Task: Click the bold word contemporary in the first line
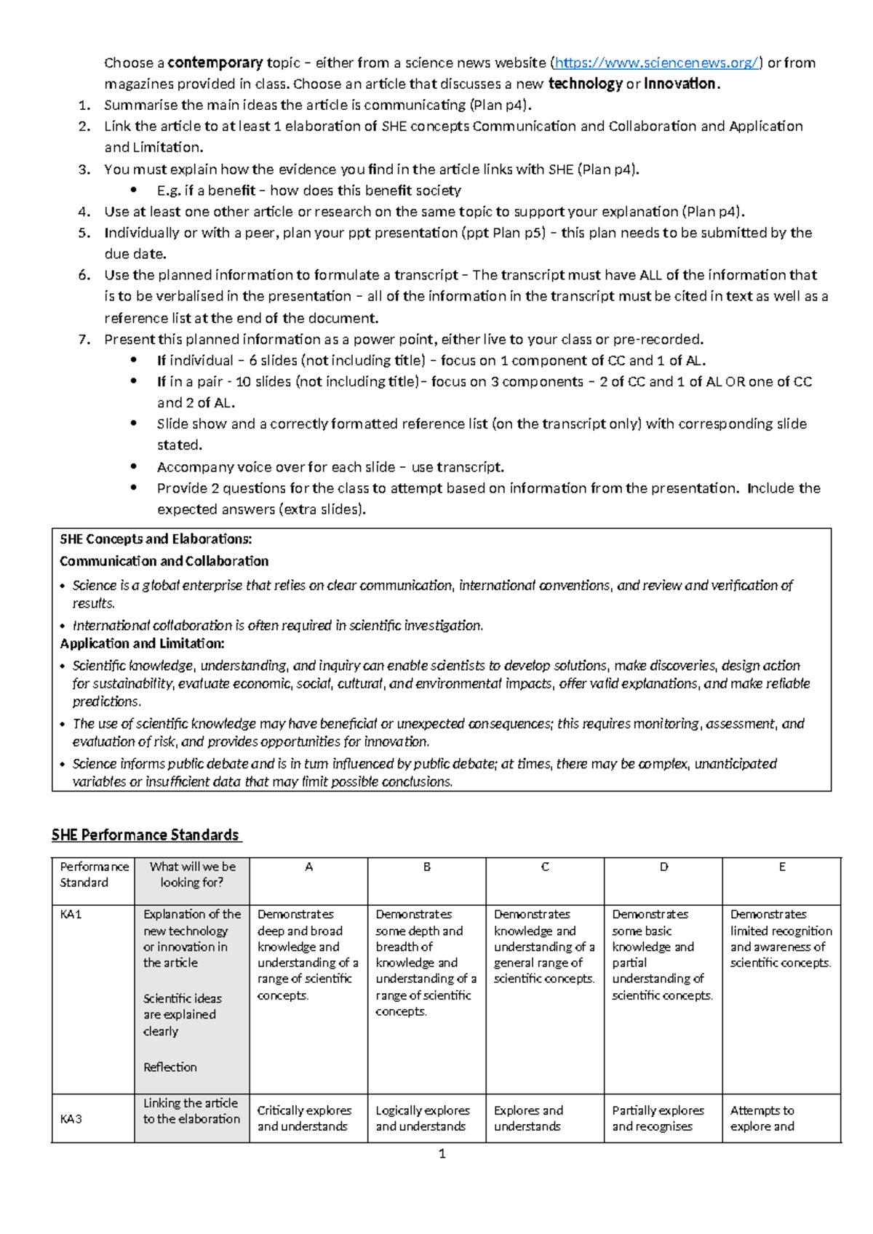click(x=215, y=63)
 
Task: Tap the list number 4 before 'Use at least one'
click(x=84, y=212)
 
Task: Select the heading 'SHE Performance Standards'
click(x=145, y=835)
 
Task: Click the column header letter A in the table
click(x=308, y=867)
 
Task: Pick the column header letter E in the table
click(x=782, y=867)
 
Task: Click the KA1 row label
click(x=71, y=915)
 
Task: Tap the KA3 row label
click(x=71, y=1119)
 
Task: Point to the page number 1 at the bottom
click(x=442, y=1154)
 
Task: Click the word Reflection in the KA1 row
click(x=170, y=1067)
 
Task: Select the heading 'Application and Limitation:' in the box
click(x=142, y=644)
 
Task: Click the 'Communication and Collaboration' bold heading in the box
click(x=164, y=562)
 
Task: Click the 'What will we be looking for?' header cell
click(x=192, y=875)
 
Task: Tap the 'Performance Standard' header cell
click(x=93, y=875)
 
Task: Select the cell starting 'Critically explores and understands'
click(x=304, y=1118)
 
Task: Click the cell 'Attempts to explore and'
click(x=762, y=1118)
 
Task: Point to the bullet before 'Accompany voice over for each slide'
click(x=133, y=467)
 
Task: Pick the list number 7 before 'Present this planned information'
click(x=84, y=339)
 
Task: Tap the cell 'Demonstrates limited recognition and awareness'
click(x=781, y=939)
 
